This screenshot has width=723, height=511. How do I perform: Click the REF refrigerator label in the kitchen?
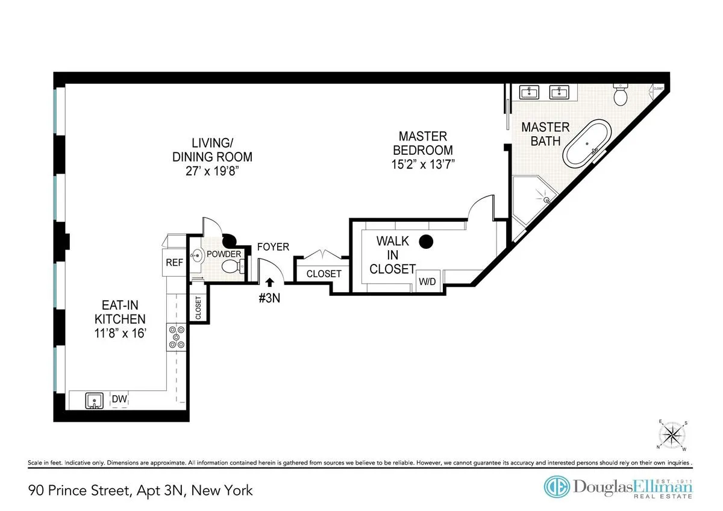tap(174, 263)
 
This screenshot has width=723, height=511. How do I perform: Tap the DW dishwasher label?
tap(119, 399)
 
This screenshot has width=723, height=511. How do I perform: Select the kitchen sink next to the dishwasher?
tap(93, 400)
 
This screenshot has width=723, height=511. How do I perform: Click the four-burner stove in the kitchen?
tap(178, 337)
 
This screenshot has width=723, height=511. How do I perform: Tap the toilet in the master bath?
tap(621, 95)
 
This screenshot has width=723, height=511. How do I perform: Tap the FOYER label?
tap(273, 246)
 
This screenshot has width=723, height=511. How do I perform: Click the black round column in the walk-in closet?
tap(427, 242)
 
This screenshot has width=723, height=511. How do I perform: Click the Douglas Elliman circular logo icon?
tap(556, 487)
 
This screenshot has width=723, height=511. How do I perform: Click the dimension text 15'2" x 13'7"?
tap(422, 165)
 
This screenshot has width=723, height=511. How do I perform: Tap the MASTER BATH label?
tap(545, 134)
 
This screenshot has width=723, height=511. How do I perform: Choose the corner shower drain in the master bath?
tap(547, 199)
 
